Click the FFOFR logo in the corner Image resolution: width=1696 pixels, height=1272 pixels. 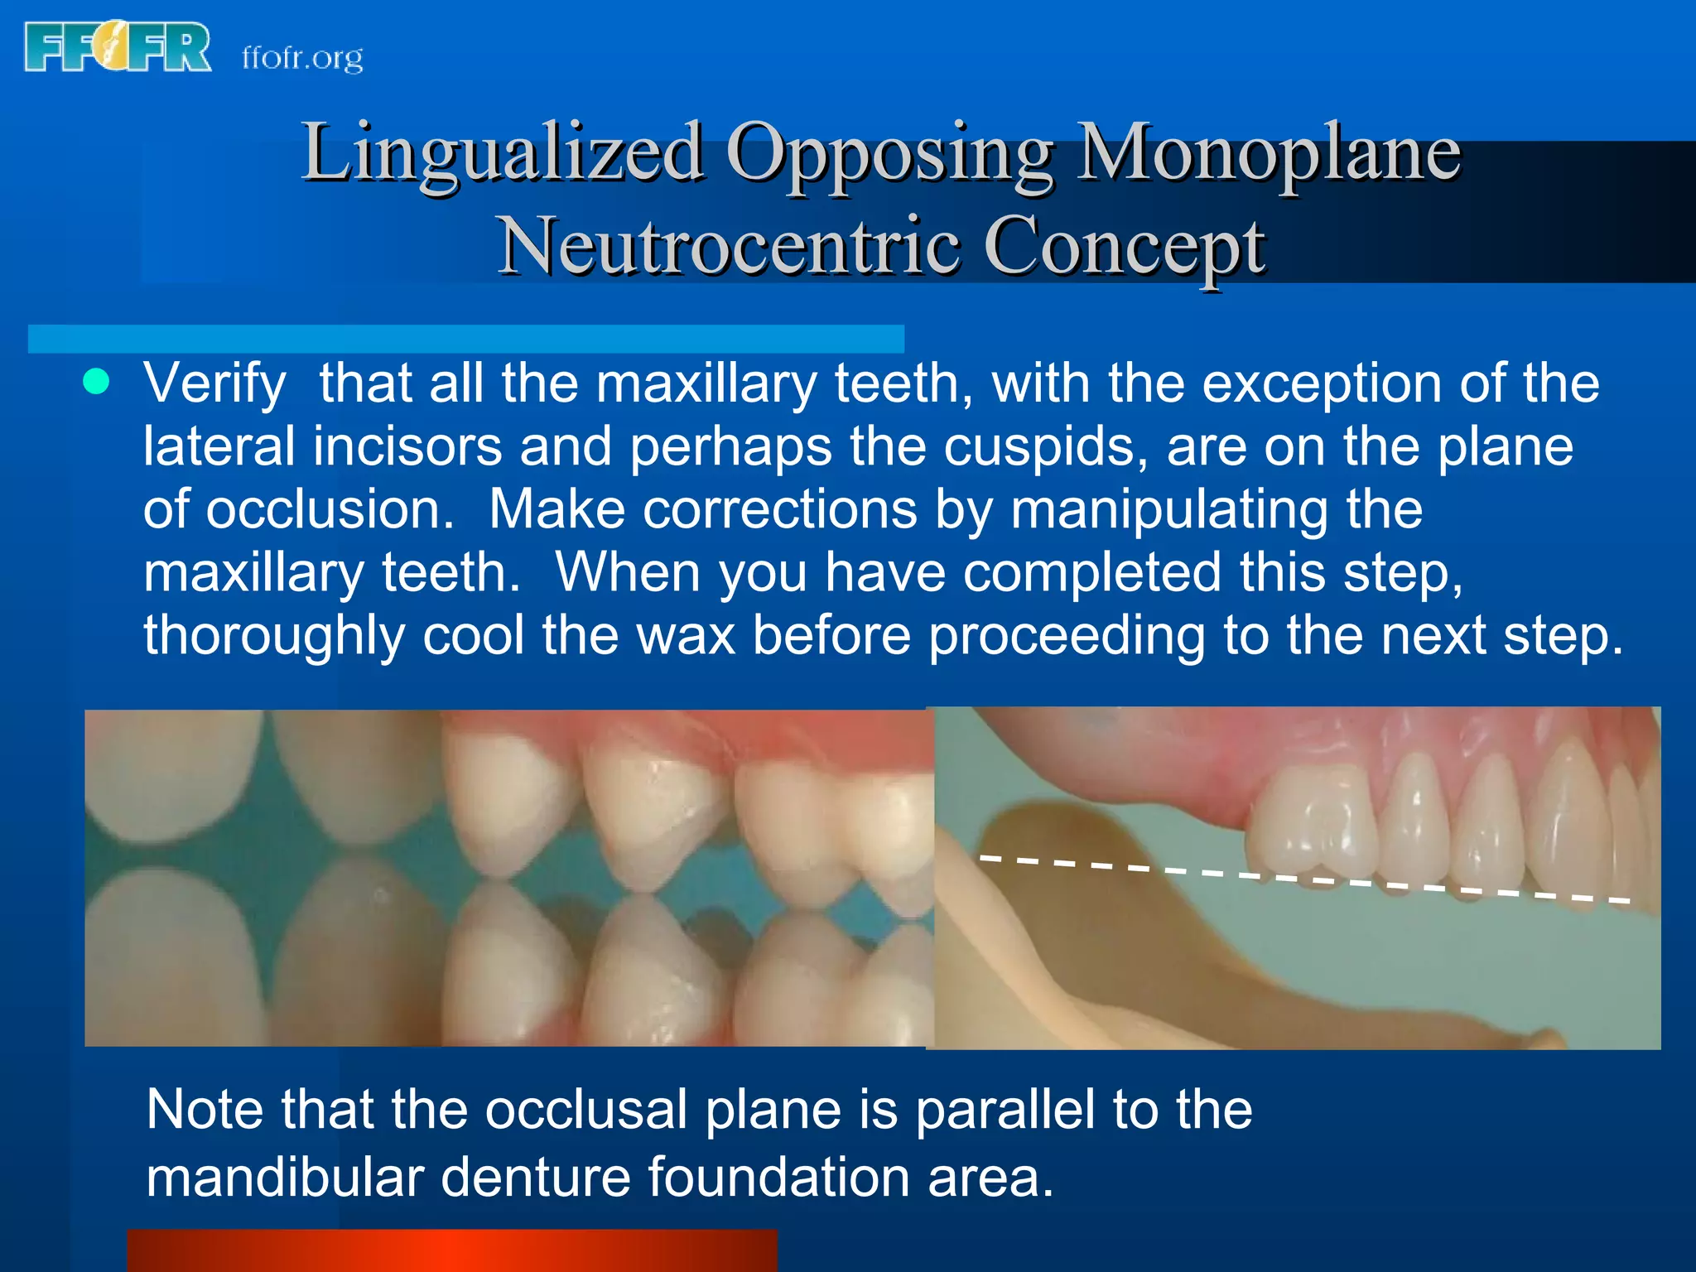pyautogui.click(x=118, y=48)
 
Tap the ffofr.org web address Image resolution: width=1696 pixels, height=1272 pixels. pyautogui.click(x=302, y=58)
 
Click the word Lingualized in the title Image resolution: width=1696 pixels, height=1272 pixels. pyautogui.click(x=503, y=153)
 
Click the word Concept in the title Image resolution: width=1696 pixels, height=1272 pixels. pyautogui.click(x=1124, y=246)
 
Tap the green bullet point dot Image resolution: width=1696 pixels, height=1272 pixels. pyautogui.click(x=97, y=382)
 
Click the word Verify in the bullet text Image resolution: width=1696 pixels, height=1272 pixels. pyautogui.click(x=214, y=384)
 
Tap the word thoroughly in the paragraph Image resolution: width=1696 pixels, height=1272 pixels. pyautogui.click(x=274, y=636)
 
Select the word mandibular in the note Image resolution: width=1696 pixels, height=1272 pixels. pyautogui.click(x=285, y=1178)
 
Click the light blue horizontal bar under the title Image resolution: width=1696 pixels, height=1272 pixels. pyautogui.click(x=465, y=339)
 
